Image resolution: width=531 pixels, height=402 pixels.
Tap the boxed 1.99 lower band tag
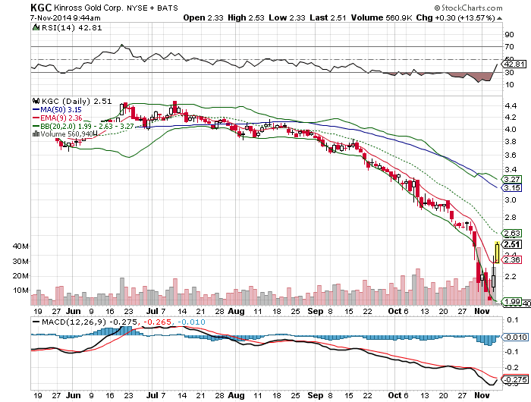pos(513,302)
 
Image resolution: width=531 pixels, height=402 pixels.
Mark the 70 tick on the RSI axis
pos(510,47)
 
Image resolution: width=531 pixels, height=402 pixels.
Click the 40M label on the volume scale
pos(21,247)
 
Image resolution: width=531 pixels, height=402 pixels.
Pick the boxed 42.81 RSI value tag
pos(515,64)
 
